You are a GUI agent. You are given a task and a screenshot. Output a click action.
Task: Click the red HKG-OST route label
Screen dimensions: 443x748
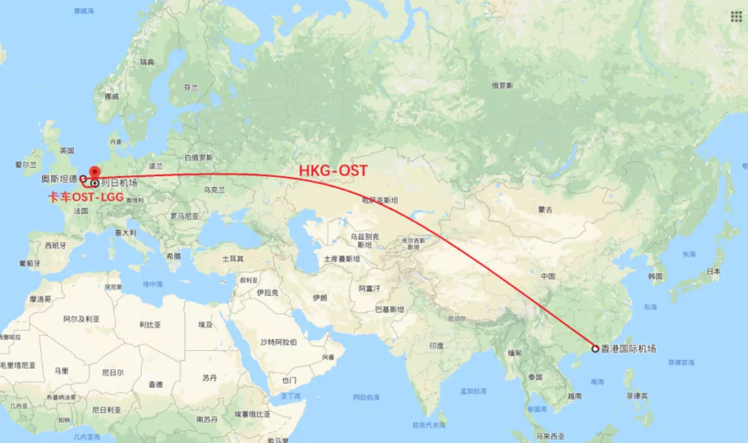(x=333, y=171)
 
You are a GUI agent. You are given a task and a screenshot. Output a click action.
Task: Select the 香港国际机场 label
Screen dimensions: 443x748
(x=628, y=349)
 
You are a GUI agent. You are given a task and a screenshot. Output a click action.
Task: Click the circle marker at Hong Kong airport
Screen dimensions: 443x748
(x=595, y=349)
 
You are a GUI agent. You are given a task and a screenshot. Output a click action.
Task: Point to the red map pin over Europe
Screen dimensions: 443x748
(x=94, y=172)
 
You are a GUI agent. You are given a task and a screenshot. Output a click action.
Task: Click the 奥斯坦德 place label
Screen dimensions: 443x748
(x=59, y=178)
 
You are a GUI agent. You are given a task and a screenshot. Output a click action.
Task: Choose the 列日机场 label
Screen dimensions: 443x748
(x=119, y=183)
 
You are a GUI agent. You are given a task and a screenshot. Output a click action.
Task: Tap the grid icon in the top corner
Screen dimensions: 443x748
(x=736, y=16)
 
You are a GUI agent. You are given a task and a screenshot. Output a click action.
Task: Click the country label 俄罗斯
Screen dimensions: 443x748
(x=501, y=85)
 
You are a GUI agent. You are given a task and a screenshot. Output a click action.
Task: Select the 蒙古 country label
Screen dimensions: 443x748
(x=545, y=210)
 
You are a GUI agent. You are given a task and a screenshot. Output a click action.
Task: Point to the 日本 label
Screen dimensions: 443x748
(x=713, y=272)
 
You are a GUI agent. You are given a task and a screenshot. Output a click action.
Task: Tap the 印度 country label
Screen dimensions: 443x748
(x=436, y=346)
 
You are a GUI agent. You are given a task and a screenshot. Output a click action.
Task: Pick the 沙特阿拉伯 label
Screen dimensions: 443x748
(x=278, y=341)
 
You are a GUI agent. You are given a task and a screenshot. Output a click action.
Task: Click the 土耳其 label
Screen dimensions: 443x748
(x=233, y=259)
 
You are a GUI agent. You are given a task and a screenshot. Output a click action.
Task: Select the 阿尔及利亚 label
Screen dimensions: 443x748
(x=82, y=319)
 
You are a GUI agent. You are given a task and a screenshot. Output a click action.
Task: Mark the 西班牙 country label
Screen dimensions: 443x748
(x=56, y=246)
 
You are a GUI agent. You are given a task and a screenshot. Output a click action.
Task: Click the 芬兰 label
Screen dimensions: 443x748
(x=190, y=87)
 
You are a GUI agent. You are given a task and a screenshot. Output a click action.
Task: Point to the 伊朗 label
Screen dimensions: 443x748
(x=320, y=298)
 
